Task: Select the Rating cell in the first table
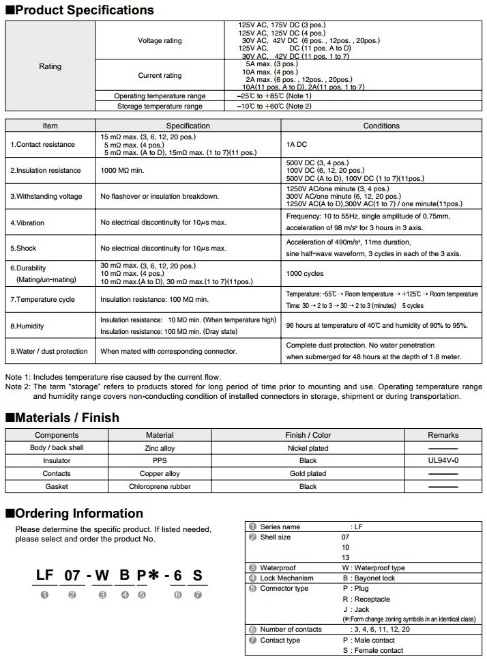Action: click(50, 66)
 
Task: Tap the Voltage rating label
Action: click(160, 40)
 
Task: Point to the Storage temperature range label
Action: click(160, 106)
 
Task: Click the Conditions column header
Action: click(381, 126)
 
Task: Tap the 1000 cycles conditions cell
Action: click(304, 273)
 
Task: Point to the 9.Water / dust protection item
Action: click(48, 351)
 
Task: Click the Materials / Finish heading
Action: click(67, 417)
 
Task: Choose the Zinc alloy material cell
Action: click(159, 448)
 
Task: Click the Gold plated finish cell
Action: click(308, 473)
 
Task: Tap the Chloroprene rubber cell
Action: click(160, 486)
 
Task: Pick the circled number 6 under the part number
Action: click(177, 594)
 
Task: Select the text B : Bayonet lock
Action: click(370, 578)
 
